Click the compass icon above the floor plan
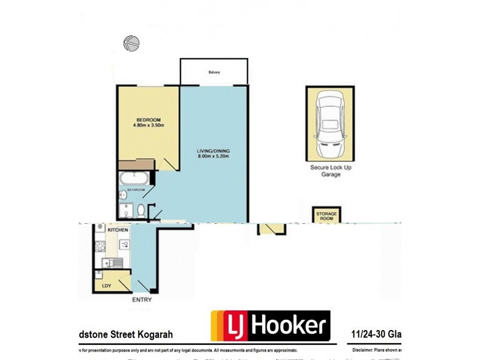pyautogui.click(x=131, y=43)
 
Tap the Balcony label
pyautogui.click(x=214, y=73)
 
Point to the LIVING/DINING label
pyautogui.click(x=214, y=150)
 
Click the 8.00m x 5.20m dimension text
pyautogui.click(x=214, y=157)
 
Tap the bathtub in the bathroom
pyautogui.click(x=133, y=178)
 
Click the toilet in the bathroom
pyautogui.click(x=140, y=211)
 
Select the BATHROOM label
pyautogui.click(x=136, y=190)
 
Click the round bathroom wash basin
pyautogui.click(x=122, y=194)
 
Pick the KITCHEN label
pyautogui.click(x=118, y=230)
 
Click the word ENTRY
pyautogui.click(x=142, y=299)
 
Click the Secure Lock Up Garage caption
pyautogui.click(x=331, y=171)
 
